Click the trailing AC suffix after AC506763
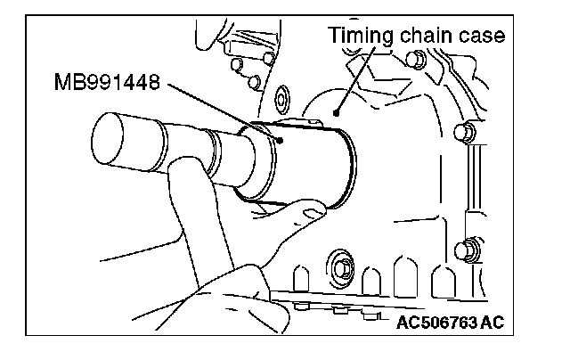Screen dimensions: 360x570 (x=491, y=322)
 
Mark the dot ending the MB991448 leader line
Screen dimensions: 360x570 (x=278, y=139)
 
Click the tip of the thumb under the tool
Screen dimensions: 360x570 (x=311, y=212)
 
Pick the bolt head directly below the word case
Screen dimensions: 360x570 (x=411, y=59)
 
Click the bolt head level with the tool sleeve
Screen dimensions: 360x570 (x=461, y=134)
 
